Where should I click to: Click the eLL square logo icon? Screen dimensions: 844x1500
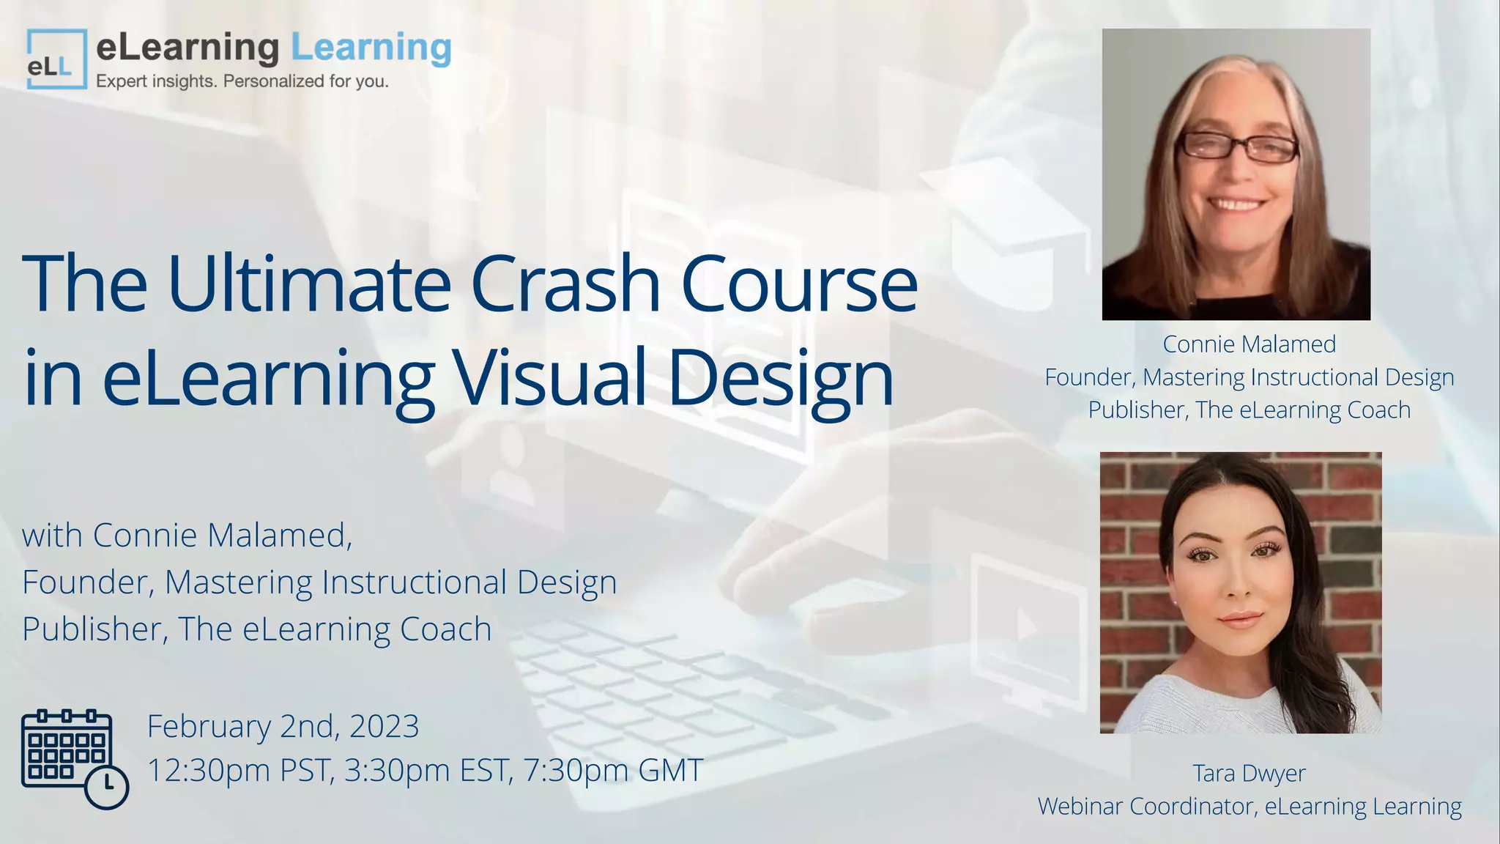pos(56,59)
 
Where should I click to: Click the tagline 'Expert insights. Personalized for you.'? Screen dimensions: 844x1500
pos(242,81)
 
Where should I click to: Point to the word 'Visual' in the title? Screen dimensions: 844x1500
pos(549,377)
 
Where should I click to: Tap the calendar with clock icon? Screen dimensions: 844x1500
pos(74,759)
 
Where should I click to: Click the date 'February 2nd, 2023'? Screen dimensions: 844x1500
pos(283,726)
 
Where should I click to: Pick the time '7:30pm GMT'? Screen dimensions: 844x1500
pos(614,770)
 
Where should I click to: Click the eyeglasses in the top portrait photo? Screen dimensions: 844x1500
pos(1237,147)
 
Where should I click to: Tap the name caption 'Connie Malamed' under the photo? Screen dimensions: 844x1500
pos(1250,344)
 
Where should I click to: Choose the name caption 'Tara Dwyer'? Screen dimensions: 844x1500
pos(1250,773)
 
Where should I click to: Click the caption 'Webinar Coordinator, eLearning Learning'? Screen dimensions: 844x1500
pos(1250,806)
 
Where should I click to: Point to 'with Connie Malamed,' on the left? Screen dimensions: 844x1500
pos(187,535)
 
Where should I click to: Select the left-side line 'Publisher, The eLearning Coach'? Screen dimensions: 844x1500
pos(257,629)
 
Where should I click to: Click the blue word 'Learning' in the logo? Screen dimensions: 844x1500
pos(371,48)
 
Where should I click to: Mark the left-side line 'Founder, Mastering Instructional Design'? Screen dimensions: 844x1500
pos(319,582)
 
